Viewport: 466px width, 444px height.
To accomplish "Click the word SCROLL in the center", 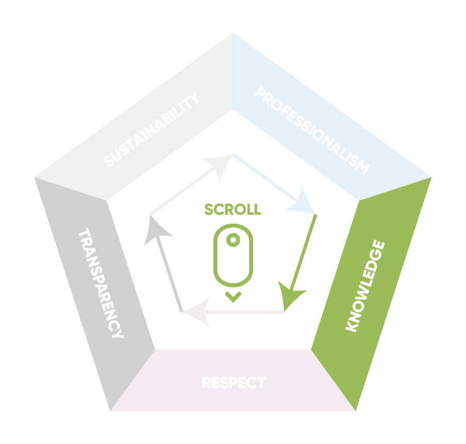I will [232, 209].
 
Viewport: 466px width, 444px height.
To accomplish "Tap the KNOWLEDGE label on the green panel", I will [365, 286].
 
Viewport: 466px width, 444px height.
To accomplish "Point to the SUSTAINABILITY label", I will [151, 129].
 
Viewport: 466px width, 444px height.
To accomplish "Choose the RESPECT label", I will [233, 383].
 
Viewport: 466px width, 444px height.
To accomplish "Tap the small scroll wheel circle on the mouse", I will [233, 240].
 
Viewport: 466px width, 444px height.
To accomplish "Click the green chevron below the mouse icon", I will [233, 297].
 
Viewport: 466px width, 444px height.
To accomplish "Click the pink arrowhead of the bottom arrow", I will [196, 313].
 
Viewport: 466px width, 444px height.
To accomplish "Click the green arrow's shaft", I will [305, 254].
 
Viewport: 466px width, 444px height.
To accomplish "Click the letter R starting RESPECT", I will [206, 383].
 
